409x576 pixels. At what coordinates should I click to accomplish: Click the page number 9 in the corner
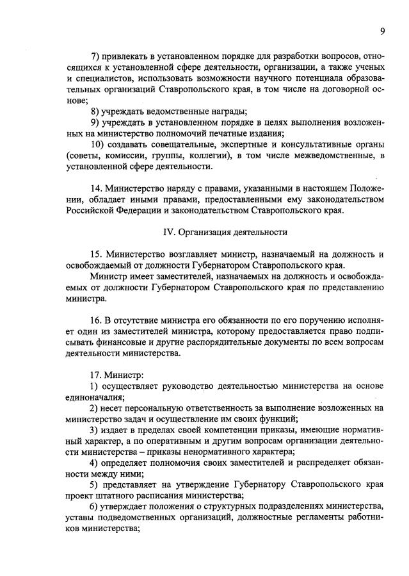381,31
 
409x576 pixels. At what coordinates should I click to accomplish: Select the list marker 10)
98,144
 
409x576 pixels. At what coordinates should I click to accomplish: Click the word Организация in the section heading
204,231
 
